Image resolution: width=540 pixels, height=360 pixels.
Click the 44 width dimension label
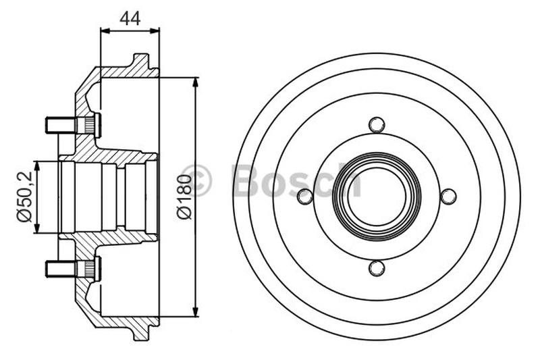tap(130, 18)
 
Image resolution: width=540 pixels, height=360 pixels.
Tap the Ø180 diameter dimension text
tap(184, 197)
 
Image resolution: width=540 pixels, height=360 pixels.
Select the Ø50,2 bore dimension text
tap(24, 197)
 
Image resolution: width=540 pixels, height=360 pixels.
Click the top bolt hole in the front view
tap(377, 125)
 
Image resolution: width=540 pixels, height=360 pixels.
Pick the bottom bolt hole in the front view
tap(377, 268)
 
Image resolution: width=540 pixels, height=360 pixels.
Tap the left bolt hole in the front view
tap(305, 197)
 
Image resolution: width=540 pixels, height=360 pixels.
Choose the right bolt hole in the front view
tap(448, 197)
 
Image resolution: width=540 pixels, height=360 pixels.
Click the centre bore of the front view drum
tap(377, 197)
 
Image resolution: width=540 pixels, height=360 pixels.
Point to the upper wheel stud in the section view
tap(73, 125)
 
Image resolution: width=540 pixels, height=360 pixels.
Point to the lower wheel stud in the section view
tap(73, 269)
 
